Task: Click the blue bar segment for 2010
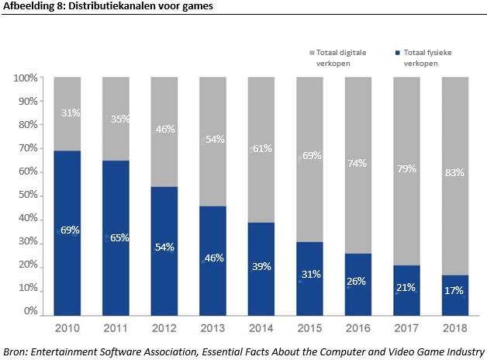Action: tap(68, 233)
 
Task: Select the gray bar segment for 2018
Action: tap(454, 175)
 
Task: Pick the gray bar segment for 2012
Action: tap(164, 132)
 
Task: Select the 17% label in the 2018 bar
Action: tap(454, 291)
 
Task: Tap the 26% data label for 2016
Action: tap(357, 281)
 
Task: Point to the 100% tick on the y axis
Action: tap(26, 78)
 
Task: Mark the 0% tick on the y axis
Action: tap(30, 311)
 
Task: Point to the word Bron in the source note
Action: tap(16, 351)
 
